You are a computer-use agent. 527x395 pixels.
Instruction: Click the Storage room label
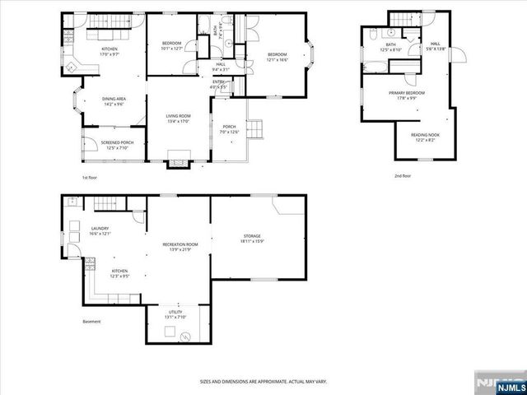[x=252, y=239]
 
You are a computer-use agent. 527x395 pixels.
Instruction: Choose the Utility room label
[x=175, y=314]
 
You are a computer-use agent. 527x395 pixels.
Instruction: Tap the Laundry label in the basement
[x=100, y=231]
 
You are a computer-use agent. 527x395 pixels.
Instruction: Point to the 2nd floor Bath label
[x=390, y=48]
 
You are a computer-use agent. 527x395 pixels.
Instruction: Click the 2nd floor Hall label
[x=436, y=47]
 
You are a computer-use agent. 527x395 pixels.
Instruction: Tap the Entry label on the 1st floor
[x=219, y=84]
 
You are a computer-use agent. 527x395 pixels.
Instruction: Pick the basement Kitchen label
[x=120, y=273]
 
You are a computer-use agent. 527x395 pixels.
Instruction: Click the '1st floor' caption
[x=90, y=177]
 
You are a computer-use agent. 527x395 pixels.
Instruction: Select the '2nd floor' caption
[x=403, y=175]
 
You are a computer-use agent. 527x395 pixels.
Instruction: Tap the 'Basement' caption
[x=91, y=321]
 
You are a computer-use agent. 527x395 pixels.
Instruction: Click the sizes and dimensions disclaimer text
[x=263, y=381]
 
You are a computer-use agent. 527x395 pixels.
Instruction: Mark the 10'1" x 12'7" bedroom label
[x=171, y=45]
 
